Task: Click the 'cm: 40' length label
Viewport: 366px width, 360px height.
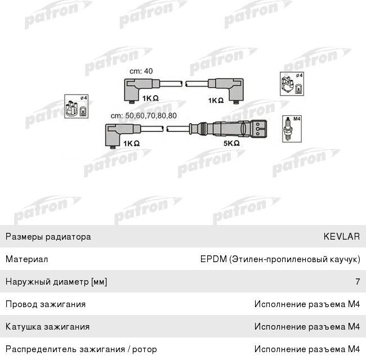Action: (141, 71)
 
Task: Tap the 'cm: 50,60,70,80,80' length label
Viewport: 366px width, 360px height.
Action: (144, 116)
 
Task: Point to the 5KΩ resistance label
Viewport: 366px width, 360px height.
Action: (231, 143)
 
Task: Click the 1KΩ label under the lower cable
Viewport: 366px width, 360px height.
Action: (131, 143)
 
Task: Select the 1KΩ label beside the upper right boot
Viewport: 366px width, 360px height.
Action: (216, 101)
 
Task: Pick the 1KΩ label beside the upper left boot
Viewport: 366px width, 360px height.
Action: (150, 98)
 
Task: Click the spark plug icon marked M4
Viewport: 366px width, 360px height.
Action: (292, 129)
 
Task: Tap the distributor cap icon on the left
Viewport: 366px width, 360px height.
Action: (77, 106)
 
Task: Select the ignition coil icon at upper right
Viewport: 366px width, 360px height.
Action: (292, 84)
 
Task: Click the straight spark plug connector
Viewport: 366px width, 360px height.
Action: (228, 128)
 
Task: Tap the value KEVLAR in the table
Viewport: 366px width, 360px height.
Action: (341, 237)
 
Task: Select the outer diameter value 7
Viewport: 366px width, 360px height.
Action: (358, 282)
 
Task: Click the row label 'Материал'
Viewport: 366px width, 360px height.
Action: (27, 259)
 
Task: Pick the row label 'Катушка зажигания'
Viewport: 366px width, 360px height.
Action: (48, 327)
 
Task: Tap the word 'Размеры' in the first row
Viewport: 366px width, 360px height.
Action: (24, 237)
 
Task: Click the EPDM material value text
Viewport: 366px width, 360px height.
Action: (280, 259)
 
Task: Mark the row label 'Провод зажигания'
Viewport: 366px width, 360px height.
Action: (46, 304)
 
